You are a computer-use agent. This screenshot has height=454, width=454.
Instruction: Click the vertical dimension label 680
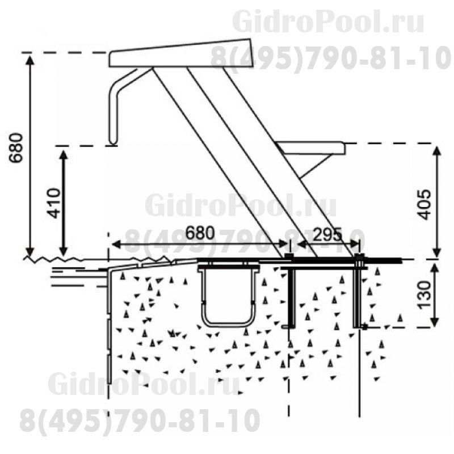click(15, 148)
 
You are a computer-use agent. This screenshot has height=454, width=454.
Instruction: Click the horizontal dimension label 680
click(200, 233)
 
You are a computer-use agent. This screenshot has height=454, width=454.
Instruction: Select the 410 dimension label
click(54, 203)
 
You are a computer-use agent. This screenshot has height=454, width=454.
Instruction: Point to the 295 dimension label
click(328, 234)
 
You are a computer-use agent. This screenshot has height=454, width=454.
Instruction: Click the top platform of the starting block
click(180, 53)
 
